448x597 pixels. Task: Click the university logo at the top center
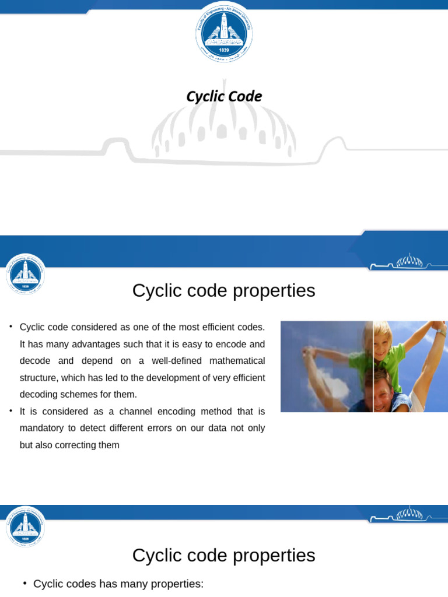(x=224, y=32)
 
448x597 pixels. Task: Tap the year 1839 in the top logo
(x=224, y=51)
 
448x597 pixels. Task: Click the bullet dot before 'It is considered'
(x=10, y=410)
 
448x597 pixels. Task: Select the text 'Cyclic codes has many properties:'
(x=118, y=584)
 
